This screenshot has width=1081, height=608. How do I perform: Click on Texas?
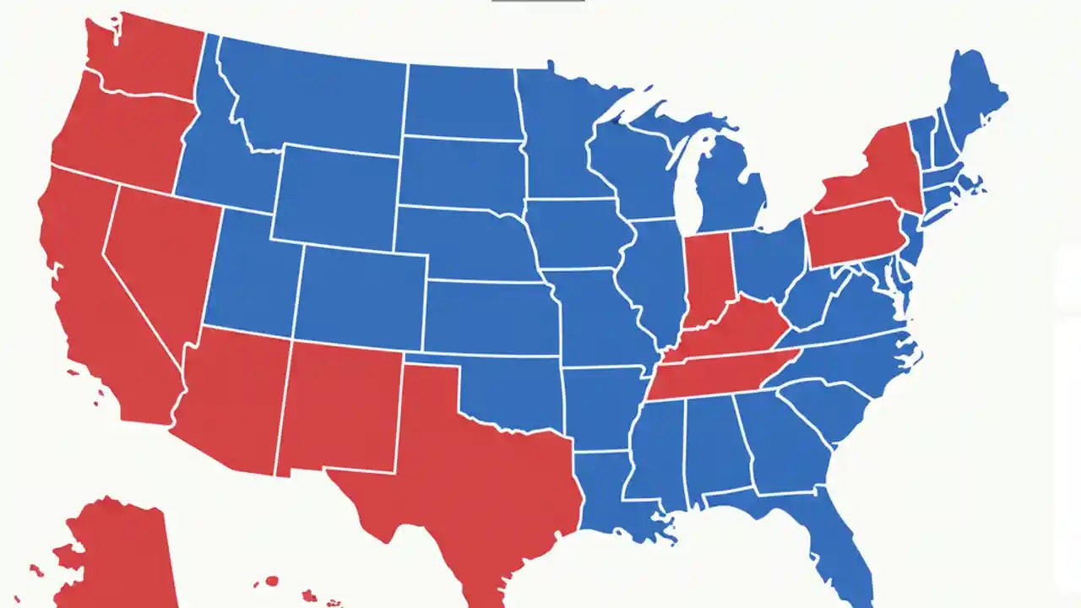pyautogui.click(x=473, y=473)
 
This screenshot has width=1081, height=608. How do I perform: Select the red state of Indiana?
pyautogui.click(x=708, y=279)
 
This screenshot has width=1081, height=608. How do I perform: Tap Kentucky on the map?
pyautogui.click(x=735, y=329)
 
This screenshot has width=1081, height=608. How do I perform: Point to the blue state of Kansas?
pyautogui.click(x=490, y=317)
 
